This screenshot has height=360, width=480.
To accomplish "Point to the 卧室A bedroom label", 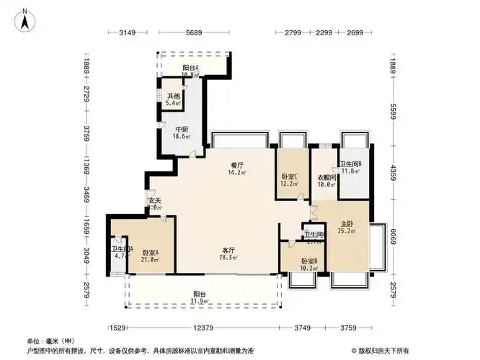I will (x=151, y=252).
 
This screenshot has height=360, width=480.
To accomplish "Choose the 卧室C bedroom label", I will (x=288, y=177).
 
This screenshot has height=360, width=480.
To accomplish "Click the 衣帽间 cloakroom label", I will (x=326, y=177).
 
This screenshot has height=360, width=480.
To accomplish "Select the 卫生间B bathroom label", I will (x=351, y=163).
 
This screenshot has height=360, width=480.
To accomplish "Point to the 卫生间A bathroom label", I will (x=120, y=249).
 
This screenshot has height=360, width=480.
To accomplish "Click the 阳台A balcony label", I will (x=190, y=68).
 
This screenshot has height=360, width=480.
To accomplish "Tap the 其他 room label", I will (x=174, y=96).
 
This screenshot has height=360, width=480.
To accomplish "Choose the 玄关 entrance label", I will (x=154, y=201).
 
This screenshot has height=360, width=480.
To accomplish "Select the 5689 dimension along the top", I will (x=193, y=32).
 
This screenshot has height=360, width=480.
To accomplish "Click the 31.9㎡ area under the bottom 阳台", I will (x=200, y=302).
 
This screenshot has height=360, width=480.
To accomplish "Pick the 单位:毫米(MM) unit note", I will (x=50, y=341).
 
